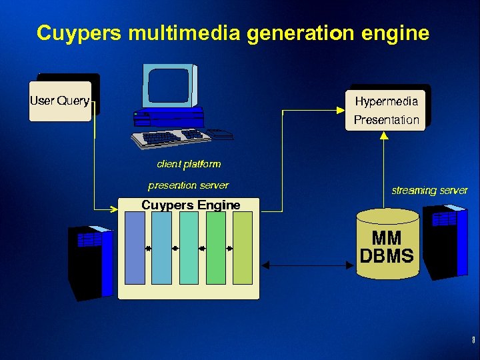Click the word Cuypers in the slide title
(x=79, y=33)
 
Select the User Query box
(x=60, y=101)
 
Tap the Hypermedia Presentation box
(x=386, y=110)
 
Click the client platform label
(x=189, y=163)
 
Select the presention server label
(x=188, y=185)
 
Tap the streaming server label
(x=429, y=191)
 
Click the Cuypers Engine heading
(x=191, y=205)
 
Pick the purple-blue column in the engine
(x=135, y=248)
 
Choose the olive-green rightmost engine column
(x=243, y=248)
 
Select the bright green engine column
(x=216, y=248)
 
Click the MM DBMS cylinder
(x=387, y=245)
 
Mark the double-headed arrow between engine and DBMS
(x=307, y=265)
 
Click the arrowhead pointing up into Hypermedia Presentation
(x=384, y=135)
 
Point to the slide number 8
(x=473, y=341)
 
